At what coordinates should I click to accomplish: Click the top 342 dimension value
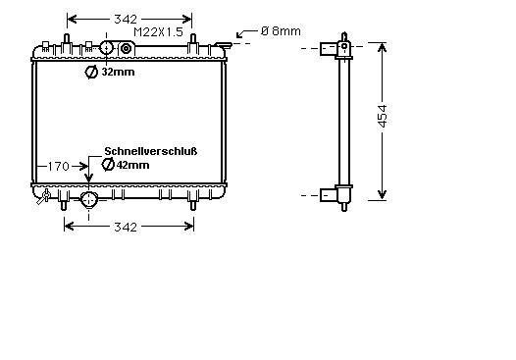click(126, 20)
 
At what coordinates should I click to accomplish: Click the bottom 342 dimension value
click(126, 227)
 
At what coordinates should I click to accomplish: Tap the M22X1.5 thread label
click(158, 32)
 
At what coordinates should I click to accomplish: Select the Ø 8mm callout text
click(281, 31)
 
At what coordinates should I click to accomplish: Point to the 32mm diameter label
click(118, 72)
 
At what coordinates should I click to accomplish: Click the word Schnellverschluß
click(151, 151)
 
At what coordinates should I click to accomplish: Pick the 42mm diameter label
click(132, 165)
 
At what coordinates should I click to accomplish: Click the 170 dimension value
click(59, 167)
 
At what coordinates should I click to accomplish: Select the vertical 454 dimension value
click(383, 116)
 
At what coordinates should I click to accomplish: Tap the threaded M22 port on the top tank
click(126, 49)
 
